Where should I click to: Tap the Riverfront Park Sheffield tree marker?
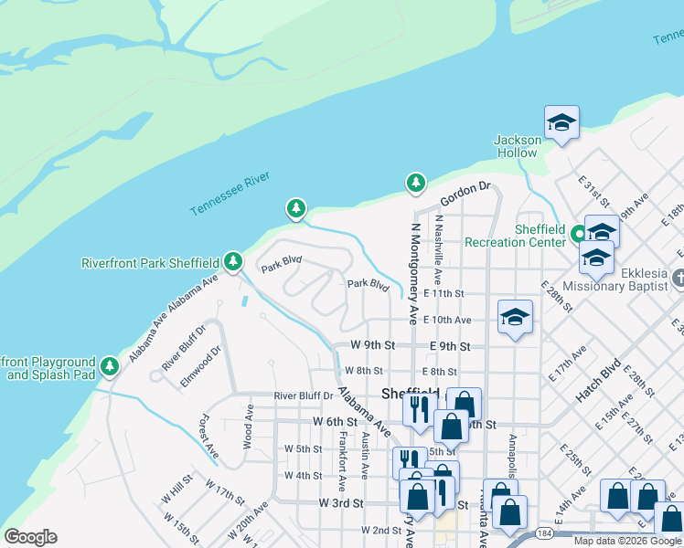(x=233, y=262)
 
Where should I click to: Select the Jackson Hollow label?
(x=518, y=146)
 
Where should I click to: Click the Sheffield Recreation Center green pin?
(x=578, y=234)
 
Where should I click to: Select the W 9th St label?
(x=373, y=346)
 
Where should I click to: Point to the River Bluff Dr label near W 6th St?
(x=304, y=395)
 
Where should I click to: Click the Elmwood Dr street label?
(x=200, y=365)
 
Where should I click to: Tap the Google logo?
(x=30, y=537)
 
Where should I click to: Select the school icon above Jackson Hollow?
(x=561, y=122)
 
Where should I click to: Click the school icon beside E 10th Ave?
(x=515, y=317)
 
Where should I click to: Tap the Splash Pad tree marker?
(x=110, y=366)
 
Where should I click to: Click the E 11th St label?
(x=444, y=294)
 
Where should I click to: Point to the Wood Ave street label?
(x=248, y=426)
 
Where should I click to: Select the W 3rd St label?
(x=341, y=503)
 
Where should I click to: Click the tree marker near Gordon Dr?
(x=416, y=184)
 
